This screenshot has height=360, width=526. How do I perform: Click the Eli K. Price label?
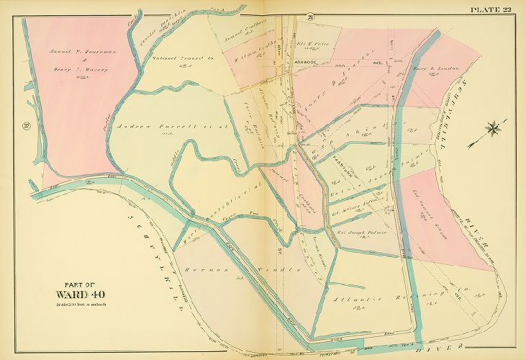tap(312, 44)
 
